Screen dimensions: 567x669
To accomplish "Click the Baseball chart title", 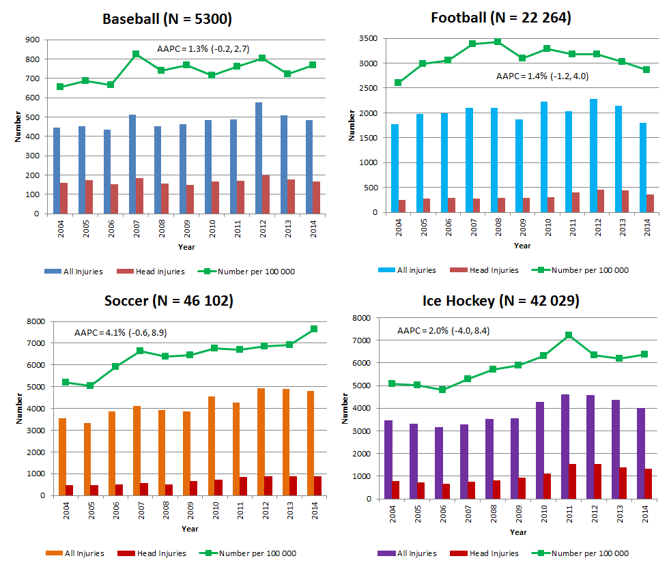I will pos(167,19).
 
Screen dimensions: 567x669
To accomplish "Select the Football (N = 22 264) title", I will pos(501,18).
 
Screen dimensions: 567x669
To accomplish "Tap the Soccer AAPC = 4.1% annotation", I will pos(120,333).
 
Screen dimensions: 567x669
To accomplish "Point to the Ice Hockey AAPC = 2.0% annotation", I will pos(443,331).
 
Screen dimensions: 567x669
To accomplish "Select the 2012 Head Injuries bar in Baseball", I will pos(266,194).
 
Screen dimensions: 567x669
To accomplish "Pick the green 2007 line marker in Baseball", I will pos(136,54).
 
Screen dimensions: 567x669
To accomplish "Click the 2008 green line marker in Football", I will pos(498,42).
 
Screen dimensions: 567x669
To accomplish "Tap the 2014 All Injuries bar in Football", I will pos(642,168).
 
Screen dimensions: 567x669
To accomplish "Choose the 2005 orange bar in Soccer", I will pos(87,459).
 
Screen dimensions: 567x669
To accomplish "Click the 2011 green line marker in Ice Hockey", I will pos(569,335).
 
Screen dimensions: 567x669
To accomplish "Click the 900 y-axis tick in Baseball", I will pos(31,40).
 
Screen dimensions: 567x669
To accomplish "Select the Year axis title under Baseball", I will pos(186,246).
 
